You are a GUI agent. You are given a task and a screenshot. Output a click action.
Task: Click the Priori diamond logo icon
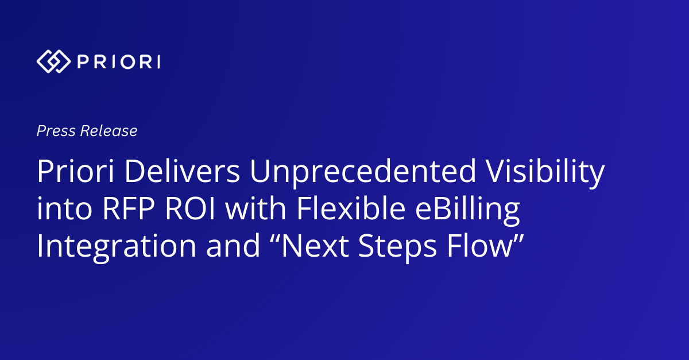[54, 61]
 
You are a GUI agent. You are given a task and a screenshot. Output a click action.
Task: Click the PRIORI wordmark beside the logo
[119, 62]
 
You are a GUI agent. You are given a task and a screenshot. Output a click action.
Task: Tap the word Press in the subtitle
[56, 131]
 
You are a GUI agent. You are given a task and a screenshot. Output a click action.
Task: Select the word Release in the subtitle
[109, 131]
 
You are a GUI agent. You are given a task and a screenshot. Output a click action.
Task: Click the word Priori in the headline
[76, 171]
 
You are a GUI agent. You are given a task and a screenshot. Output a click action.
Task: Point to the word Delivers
[183, 171]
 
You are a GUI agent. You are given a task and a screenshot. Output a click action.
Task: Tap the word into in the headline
[64, 208]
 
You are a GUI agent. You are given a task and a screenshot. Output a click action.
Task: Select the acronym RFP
[129, 208]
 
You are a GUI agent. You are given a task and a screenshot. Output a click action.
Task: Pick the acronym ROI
[190, 208]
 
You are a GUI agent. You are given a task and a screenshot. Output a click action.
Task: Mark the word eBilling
[467, 211]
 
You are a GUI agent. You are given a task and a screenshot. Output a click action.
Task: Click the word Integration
[117, 247]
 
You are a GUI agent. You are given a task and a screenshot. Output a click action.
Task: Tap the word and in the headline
[233, 246]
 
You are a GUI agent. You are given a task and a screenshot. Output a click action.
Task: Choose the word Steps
[397, 247]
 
